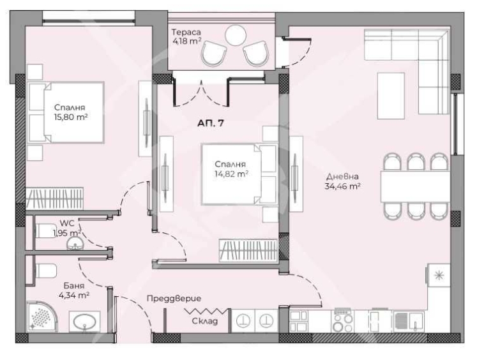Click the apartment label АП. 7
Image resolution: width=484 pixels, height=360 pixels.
[x=211, y=123]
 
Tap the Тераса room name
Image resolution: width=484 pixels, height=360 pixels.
[x=186, y=32]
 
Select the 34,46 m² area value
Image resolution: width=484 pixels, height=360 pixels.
[x=343, y=186]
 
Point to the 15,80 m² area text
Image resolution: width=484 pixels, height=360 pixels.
[x=71, y=117]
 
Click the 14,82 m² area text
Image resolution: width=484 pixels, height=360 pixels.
[x=232, y=174]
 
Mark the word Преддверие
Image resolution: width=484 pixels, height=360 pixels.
[x=174, y=299]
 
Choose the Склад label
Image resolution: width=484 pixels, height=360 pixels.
[x=205, y=321]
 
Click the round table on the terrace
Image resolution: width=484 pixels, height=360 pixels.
[x=236, y=35]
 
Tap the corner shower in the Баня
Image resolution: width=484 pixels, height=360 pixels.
[x=42, y=317]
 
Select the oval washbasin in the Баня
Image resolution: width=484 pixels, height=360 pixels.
[x=84, y=322]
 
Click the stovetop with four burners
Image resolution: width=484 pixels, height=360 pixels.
[x=343, y=321]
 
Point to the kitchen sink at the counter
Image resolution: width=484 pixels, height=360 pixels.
[x=409, y=321]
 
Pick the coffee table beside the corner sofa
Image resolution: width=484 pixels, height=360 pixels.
[x=391, y=96]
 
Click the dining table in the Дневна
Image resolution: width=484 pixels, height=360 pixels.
[x=415, y=186]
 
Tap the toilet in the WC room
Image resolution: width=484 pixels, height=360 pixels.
[x=46, y=230]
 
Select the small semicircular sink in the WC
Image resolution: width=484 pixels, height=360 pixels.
[x=75, y=243]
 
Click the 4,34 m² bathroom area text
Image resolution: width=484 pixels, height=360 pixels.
[x=74, y=296]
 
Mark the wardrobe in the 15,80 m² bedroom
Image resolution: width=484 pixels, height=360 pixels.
[x=55, y=198]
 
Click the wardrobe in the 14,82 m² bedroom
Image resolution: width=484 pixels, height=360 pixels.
[x=248, y=250]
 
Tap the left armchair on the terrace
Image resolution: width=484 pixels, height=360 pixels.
[x=213, y=54]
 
